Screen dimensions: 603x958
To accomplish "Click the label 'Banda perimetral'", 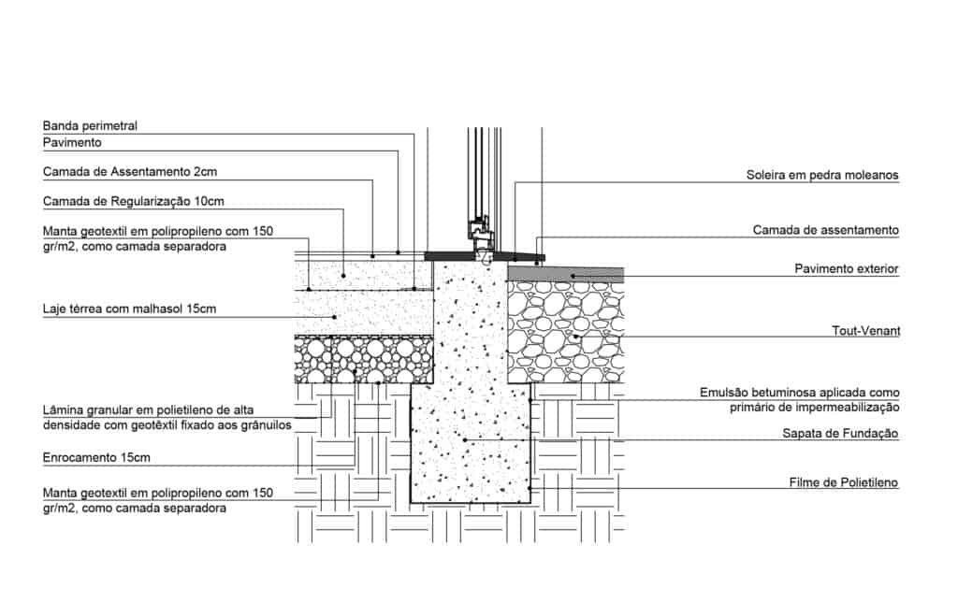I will coord(91,125).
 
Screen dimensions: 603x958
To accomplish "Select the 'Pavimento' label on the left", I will coord(72,143).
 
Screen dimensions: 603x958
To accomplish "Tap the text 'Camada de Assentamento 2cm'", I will coord(130,172).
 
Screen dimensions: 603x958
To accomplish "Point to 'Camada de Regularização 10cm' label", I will coord(134,201).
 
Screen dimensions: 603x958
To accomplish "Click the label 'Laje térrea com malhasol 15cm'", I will coord(130,308).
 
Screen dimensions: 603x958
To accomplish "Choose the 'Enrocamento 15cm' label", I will coord(97,458).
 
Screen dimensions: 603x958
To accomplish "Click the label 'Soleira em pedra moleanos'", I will coord(822,175).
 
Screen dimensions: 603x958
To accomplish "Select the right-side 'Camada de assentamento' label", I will coord(826,229).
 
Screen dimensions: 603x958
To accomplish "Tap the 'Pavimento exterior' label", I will coord(847,269).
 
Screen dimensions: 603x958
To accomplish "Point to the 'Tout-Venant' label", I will coord(865,331).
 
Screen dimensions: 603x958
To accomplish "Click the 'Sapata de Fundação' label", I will coord(840,434).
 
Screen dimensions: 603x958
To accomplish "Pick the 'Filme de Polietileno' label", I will coord(844,483).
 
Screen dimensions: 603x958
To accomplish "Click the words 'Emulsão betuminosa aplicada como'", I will coord(799,393).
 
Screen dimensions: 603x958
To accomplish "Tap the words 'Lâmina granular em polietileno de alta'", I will coord(149,410).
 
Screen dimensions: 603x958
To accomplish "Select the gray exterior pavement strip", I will coord(565,272).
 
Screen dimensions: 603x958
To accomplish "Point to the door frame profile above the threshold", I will coord(479,230).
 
